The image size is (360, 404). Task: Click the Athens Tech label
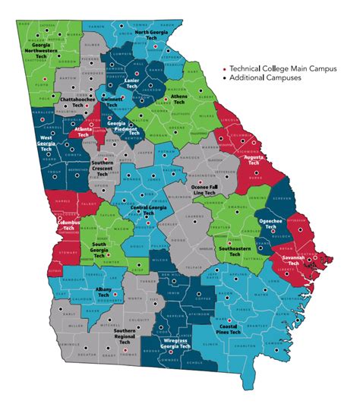point(182,101)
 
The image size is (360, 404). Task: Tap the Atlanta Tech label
point(89,132)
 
